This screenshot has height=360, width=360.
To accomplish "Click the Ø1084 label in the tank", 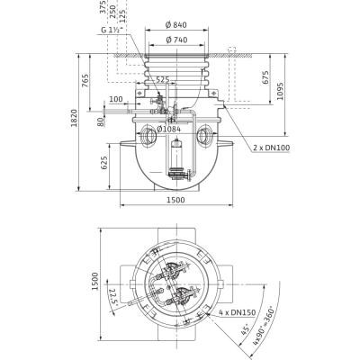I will click(x=171, y=128).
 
